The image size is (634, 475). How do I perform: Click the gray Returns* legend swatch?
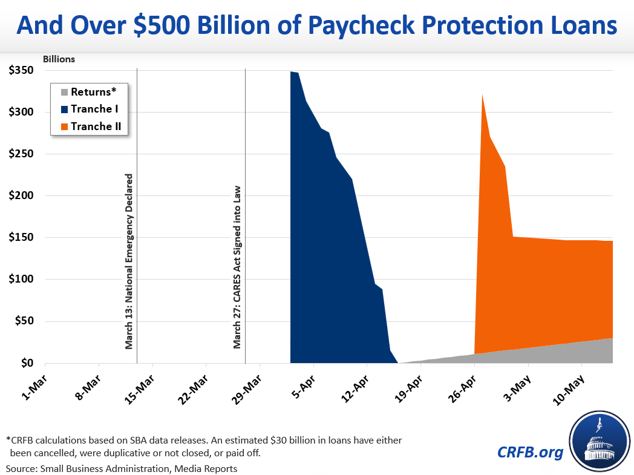64,93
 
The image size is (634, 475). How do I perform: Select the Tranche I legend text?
94,109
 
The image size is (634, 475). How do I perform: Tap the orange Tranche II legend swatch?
64,126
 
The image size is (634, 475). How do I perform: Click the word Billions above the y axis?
59,59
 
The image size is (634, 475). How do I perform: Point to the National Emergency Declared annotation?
129,262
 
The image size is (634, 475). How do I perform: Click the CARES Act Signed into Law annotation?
238,267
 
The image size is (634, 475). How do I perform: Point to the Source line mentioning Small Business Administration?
122,468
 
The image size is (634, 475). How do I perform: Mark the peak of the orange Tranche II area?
482,95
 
